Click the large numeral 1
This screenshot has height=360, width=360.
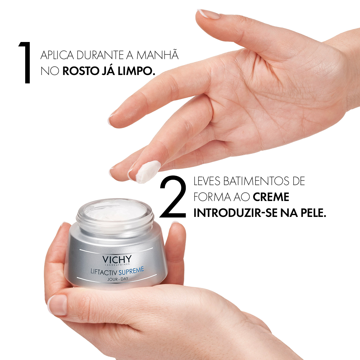(x=25, y=63)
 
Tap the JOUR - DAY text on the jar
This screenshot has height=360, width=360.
(x=118, y=279)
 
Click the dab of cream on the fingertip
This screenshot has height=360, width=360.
(x=148, y=172)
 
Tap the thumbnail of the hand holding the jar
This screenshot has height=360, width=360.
(x=57, y=305)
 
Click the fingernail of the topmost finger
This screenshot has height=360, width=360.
(x=209, y=14)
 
